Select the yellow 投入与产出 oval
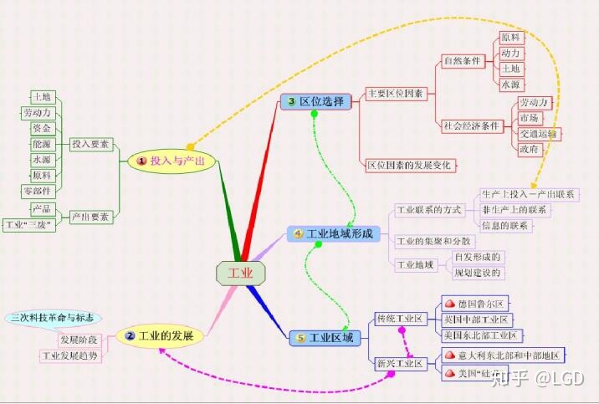pos(171,161)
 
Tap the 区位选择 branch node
pos(315,101)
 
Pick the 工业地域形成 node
pos(335,233)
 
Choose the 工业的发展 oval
pos(161,336)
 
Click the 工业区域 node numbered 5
pos(326,338)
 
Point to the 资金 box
pos(42,129)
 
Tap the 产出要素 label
pos(90,217)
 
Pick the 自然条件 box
pos(462,61)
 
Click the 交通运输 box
pos(540,133)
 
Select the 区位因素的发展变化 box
pos(410,165)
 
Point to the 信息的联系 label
pos(504,226)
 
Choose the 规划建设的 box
pos(478,273)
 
